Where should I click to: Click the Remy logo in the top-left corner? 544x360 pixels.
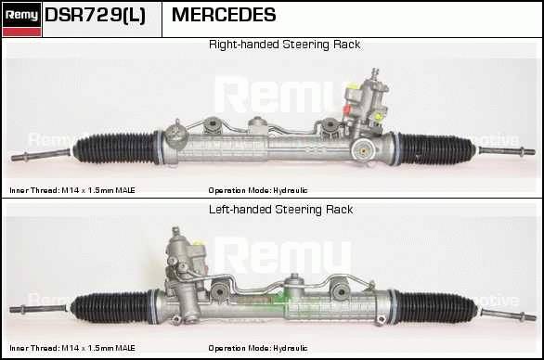click(21, 19)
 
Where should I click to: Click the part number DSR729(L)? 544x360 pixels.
click(95, 15)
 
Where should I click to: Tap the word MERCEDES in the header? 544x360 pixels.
click(224, 15)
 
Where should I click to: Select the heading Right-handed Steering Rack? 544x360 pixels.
click(284, 45)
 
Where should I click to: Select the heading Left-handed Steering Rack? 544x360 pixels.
click(280, 210)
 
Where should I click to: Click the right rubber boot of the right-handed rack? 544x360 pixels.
click(434, 149)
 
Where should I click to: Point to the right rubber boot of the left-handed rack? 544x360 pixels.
click(434, 308)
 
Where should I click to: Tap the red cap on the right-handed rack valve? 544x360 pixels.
click(347, 109)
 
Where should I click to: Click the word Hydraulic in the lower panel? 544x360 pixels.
click(291, 348)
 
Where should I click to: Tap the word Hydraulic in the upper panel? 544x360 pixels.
click(291, 190)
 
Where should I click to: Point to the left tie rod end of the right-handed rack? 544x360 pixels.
click(40, 155)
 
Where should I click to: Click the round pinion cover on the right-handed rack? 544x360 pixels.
click(363, 151)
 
